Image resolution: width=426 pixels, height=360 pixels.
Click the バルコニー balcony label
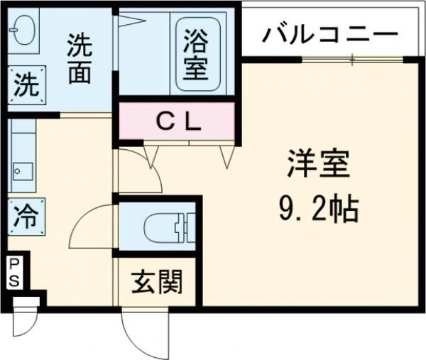coord(329,33)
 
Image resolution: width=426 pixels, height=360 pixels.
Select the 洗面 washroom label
coord(79,59)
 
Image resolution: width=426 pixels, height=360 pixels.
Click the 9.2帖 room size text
coord(318,209)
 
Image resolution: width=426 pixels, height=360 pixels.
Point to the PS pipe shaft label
coord(14,273)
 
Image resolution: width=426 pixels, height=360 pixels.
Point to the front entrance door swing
coord(146,334)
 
